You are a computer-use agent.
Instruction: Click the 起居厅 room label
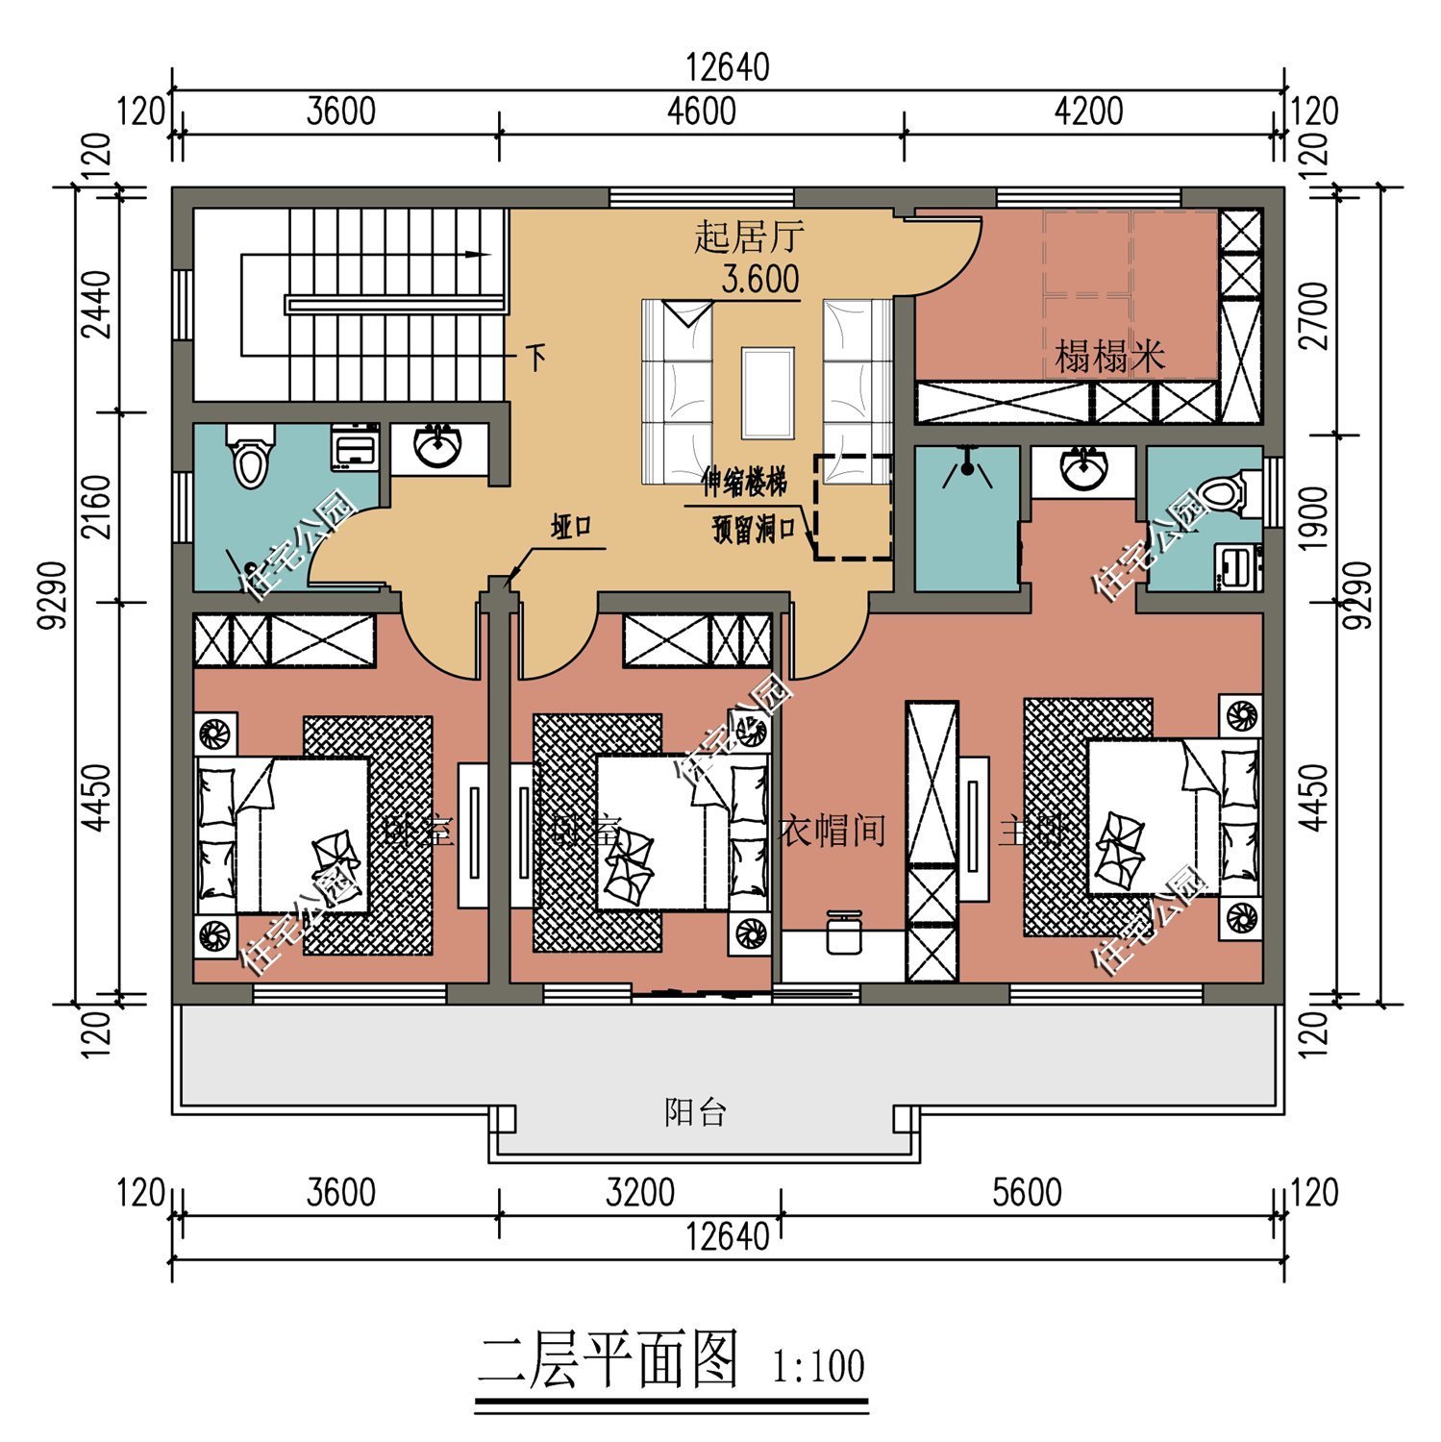point(749,236)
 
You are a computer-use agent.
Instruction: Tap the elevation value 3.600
point(759,280)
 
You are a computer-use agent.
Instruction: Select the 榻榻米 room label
point(1109,357)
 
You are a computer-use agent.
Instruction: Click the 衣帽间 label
point(832,830)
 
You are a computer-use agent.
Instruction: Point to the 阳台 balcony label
point(695,1113)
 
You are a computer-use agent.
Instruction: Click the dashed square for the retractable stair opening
point(853,508)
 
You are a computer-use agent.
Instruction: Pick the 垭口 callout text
point(570,528)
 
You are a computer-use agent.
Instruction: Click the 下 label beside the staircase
point(535,359)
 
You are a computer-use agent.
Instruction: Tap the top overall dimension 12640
point(727,68)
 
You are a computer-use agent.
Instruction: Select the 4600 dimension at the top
point(701,112)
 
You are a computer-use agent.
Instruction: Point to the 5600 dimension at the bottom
point(1027,1193)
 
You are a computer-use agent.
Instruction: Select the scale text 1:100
point(818,1366)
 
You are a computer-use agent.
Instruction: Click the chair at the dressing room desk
point(842,932)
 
